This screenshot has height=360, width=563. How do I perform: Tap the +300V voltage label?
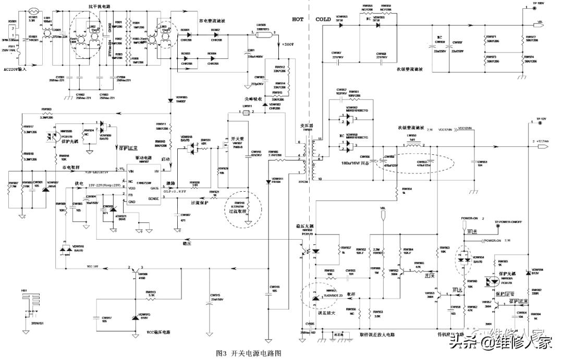287,45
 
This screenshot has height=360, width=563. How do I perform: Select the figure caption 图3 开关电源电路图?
249,353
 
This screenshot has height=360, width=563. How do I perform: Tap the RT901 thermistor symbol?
34,10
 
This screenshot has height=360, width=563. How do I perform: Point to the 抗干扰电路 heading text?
99,6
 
